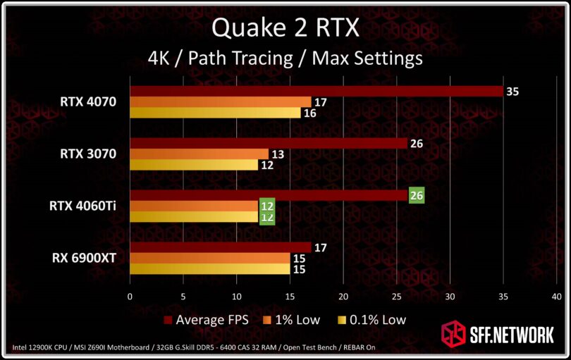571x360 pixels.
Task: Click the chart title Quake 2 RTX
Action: click(285, 28)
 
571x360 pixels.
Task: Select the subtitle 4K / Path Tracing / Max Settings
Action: click(285, 57)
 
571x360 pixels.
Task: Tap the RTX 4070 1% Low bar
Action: click(220, 102)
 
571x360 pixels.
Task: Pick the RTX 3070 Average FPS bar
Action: click(268, 144)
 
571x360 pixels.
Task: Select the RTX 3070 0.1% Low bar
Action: click(193, 165)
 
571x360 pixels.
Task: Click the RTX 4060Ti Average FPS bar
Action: click(268, 196)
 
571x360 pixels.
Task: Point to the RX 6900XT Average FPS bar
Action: click(220, 247)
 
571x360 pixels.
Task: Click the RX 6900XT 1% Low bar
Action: click(209, 258)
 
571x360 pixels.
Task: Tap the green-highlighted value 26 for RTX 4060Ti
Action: click(417, 196)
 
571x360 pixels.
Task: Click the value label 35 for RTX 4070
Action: click(512, 92)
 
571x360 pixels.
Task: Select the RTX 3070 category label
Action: click(88, 154)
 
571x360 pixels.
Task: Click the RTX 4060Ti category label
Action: click(82, 206)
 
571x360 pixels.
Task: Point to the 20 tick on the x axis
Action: click(343, 296)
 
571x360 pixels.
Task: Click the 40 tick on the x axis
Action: click(557, 296)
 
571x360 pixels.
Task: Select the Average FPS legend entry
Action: click(211, 319)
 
